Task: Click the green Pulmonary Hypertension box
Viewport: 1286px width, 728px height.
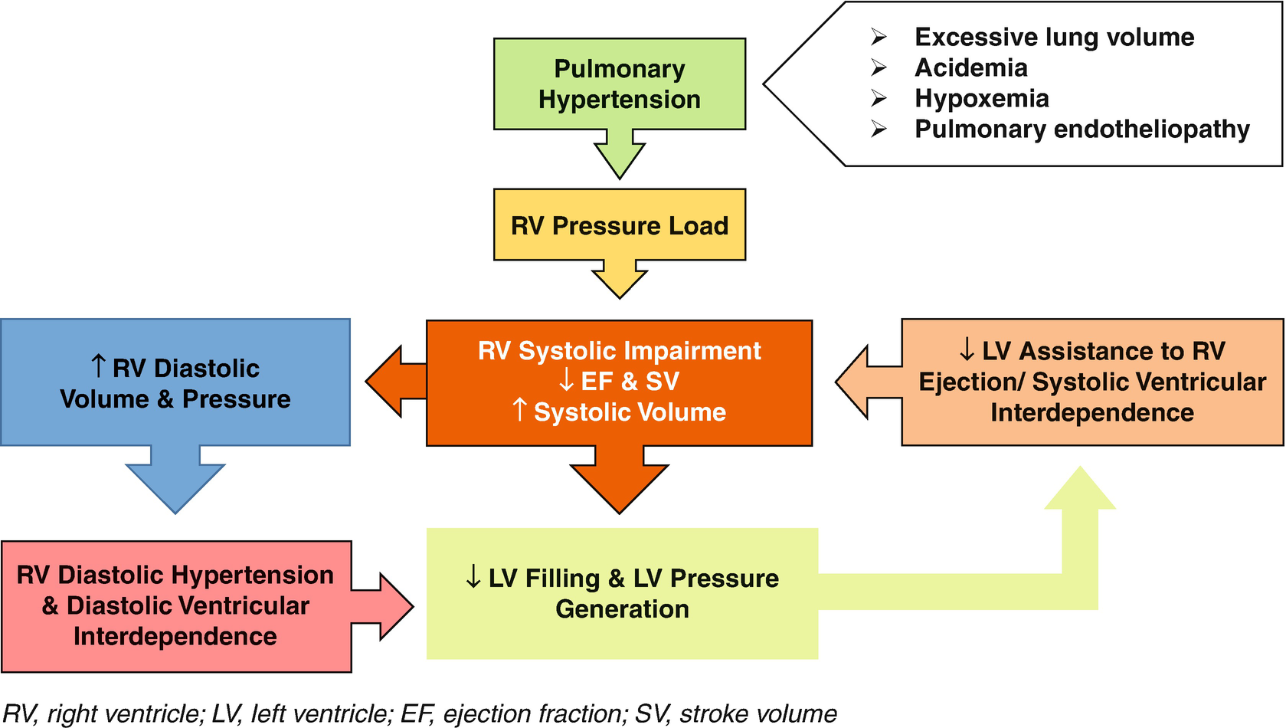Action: [619, 84]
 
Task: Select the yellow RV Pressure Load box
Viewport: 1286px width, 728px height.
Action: [619, 225]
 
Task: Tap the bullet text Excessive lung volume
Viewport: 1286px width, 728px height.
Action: [1054, 37]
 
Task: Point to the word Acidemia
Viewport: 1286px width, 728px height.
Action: [970, 67]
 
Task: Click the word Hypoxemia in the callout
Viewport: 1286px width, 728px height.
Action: [981, 98]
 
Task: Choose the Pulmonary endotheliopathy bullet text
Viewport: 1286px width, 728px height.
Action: [1081, 129]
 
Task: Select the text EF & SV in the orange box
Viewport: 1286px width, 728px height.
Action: [630, 381]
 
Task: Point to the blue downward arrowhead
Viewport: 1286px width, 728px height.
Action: [175, 487]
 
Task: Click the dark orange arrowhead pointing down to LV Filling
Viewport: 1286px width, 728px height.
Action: [619, 487]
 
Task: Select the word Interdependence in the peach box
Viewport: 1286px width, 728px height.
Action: [1091, 412]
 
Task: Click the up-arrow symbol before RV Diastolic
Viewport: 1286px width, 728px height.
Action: [98, 366]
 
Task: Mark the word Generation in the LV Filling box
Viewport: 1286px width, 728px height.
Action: [622, 608]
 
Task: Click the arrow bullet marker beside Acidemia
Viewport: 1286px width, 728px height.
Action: [879, 68]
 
